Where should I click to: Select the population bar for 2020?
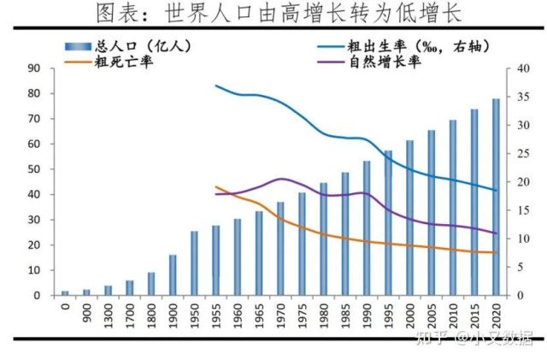coord(496,197)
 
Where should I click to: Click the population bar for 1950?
coord(194,263)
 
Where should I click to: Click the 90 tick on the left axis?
coord(35,68)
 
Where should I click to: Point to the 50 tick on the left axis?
coord(35,169)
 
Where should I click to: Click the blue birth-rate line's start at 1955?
coord(215,86)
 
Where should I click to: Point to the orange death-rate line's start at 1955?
coord(215,186)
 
